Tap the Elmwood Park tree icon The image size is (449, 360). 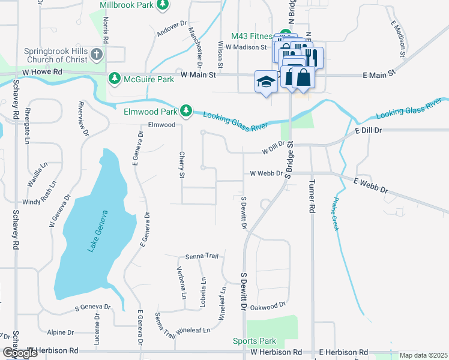(187, 110)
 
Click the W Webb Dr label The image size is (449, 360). (262, 173)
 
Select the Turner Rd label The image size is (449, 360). (313, 197)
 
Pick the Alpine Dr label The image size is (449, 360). (61, 332)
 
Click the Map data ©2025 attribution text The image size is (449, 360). (423, 355)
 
